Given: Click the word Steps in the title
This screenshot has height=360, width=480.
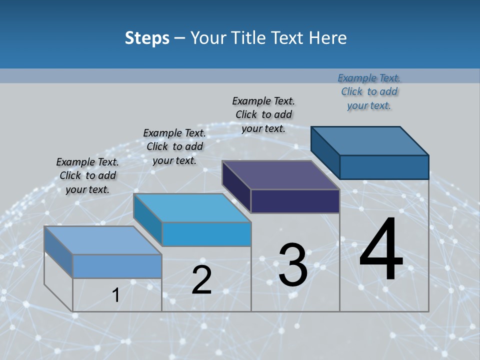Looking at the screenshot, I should (x=147, y=38).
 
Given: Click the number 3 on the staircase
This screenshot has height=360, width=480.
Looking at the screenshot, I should (x=293, y=265).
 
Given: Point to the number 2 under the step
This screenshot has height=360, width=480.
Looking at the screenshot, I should (x=201, y=280).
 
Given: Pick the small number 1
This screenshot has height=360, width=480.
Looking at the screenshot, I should (x=116, y=295).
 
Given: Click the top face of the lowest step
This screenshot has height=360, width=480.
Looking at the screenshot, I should (x=103, y=240).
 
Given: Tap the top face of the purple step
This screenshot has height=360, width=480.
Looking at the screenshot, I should (x=280, y=175).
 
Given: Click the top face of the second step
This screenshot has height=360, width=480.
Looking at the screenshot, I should (x=192, y=208).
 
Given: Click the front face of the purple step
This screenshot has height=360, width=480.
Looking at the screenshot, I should (x=295, y=201).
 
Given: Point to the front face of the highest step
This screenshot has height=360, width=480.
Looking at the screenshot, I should (x=384, y=167).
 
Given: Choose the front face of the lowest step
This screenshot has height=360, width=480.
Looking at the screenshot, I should (x=117, y=266).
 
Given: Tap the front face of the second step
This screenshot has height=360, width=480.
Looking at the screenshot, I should (x=206, y=234).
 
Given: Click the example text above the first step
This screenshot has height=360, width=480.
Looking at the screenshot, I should (x=87, y=175).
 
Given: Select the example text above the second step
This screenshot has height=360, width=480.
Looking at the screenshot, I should (x=174, y=146).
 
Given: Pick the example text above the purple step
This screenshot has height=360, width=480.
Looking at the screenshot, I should (x=263, y=114).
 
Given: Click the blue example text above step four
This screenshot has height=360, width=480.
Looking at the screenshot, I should (x=369, y=91).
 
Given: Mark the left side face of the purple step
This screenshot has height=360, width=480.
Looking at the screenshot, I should (x=236, y=187).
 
